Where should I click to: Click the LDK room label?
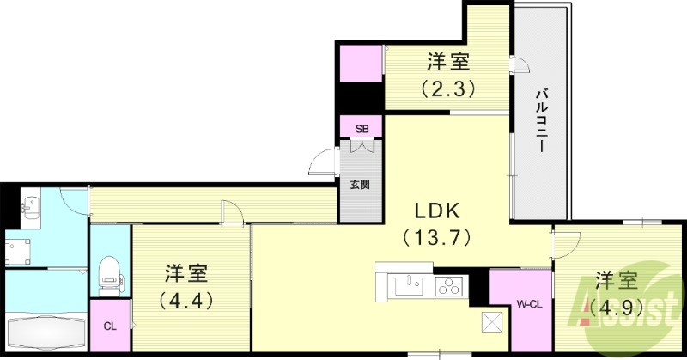click(440, 211)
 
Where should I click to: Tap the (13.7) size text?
click(439, 235)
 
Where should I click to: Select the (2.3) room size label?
click(447, 87)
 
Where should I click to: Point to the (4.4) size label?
click(186, 301)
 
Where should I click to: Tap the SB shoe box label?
click(362, 129)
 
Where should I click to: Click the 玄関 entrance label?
click(361, 184)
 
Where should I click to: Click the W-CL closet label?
click(527, 303)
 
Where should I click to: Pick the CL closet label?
click(109, 326)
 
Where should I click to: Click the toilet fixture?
click(109, 274)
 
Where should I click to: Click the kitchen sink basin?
click(407, 284)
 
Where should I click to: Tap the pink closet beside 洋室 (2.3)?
click(361, 62)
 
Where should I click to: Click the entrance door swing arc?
click(325, 161)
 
